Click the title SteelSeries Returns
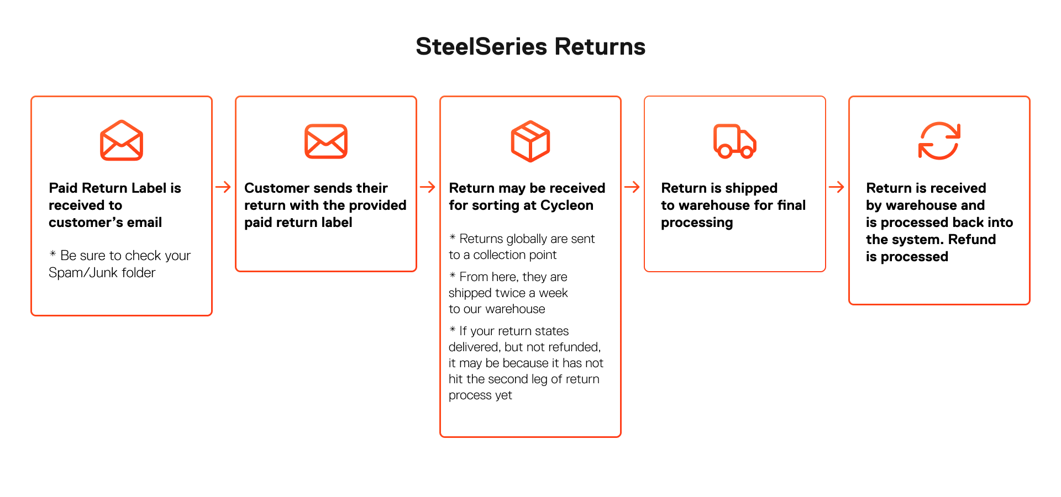(530, 46)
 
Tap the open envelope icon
(122, 140)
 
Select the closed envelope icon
(326, 141)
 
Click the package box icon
(530, 141)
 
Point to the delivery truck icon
(735, 141)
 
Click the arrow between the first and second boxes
(223, 187)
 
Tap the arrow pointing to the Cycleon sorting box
(428, 187)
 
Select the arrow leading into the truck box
(632, 187)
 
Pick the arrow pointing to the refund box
(837, 187)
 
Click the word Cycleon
(567, 205)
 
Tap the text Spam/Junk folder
(102, 273)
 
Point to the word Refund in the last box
(972, 240)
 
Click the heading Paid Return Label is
(115, 188)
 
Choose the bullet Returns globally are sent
(522, 239)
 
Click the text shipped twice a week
(508, 293)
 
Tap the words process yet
(480, 395)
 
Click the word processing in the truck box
(697, 223)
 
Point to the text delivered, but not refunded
(524, 347)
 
